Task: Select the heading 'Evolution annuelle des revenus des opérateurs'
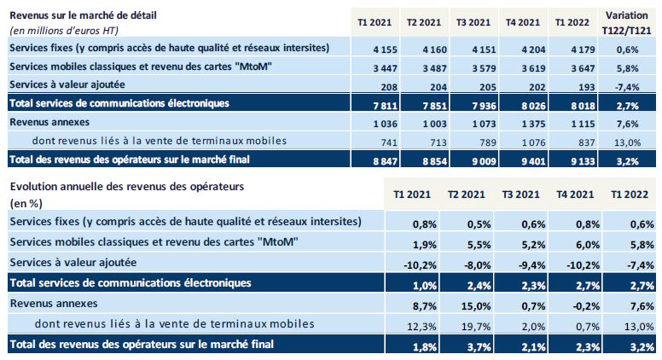pos(128,186)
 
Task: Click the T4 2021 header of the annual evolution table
pos(575,195)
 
